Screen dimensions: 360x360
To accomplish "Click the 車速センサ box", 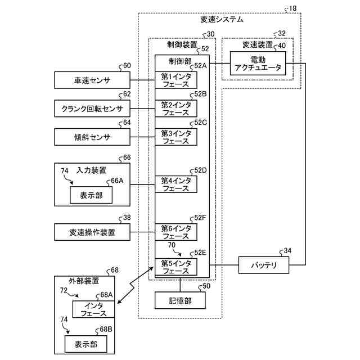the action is click(x=92, y=80).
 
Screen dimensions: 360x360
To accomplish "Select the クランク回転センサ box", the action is click(x=92, y=109).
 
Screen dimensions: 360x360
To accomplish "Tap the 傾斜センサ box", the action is click(x=92, y=137).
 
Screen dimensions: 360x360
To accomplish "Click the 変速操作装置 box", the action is click(x=92, y=232).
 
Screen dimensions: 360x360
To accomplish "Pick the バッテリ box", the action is click(x=264, y=265).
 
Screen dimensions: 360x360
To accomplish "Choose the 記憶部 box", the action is click(x=180, y=300).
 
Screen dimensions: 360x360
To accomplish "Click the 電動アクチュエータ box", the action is click(x=258, y=63).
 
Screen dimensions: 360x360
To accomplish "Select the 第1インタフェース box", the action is click(x=176, y=80).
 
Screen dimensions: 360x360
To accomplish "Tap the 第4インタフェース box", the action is click(x=176, y=184).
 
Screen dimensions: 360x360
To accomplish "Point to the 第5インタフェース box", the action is click(x=176, y=267).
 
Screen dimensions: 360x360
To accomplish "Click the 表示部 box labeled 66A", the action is click(x=91, y=195).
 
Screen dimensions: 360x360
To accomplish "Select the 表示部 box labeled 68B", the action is click(x=86, y=344).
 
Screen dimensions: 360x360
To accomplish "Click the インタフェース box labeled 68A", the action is click(x=93, y=309).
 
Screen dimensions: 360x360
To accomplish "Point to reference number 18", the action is click(x=292, y=8).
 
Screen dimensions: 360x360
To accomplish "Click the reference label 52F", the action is click(x=200, y=218).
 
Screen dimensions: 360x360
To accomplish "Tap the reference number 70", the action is click(x=172, y=245).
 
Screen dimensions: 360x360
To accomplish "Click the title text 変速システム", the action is click(x=222, y=20).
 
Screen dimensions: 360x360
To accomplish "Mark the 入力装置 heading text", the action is click(x=91, y=170).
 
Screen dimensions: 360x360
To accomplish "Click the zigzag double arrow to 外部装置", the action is click(x=135, y=285).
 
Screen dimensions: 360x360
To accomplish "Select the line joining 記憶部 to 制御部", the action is click(x=180, y=285).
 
